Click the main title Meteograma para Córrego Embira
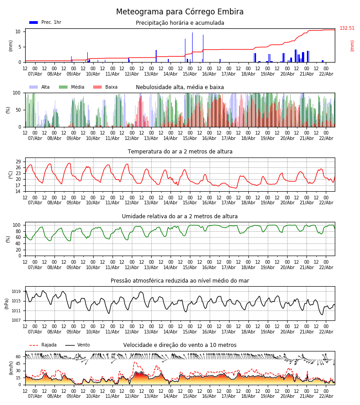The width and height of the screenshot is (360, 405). tap(180, 12)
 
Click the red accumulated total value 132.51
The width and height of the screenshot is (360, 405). tap(347, 28)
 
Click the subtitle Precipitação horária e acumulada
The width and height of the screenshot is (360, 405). tap(180, 23)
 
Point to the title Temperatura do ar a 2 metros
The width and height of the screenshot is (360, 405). tap(180, 152)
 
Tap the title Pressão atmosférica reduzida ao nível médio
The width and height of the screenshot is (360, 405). tap(180, 281)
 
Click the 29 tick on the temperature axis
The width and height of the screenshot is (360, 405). tap(18, 162)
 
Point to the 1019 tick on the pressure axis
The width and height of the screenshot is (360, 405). tap(17, 292)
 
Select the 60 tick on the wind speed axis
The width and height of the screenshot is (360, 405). tap(18, 357)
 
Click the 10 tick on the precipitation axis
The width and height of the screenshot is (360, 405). tap(18, 31)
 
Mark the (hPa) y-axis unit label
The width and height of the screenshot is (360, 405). tap(7, 303)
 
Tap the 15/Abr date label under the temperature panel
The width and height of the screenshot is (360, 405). tap(190, 202)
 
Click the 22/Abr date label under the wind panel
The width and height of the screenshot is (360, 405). tap(326, 396)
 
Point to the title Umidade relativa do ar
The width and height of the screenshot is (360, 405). tap(180, 216)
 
